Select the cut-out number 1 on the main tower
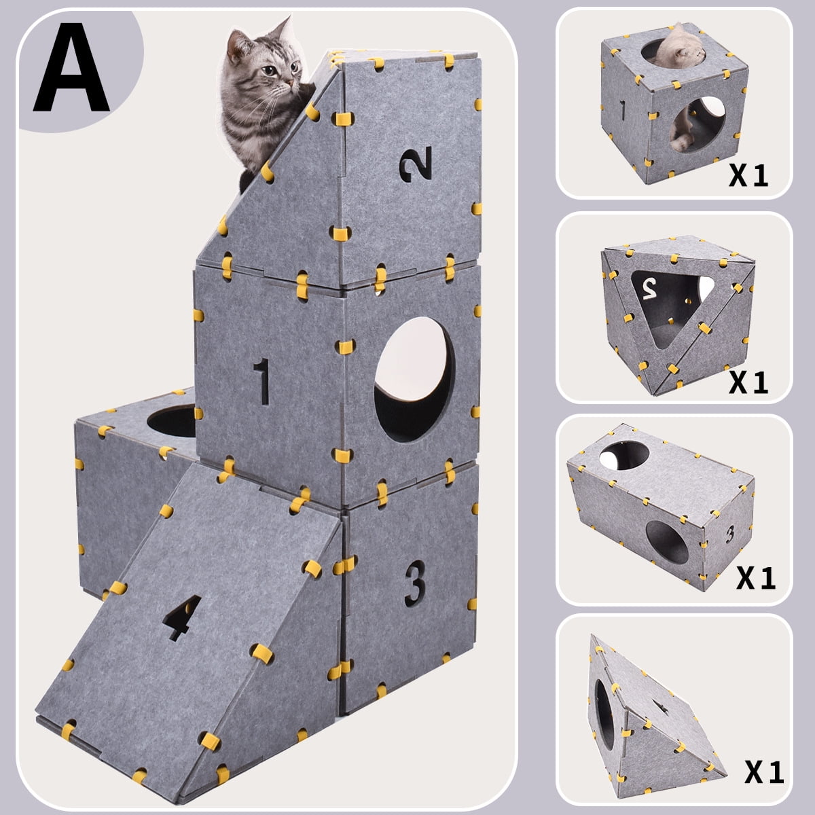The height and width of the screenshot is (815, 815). tap(262, 382)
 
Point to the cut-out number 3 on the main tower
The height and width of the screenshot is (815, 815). tap(415, 583)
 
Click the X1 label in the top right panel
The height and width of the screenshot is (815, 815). tap(748, 176)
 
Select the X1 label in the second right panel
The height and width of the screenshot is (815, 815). tap(748, 382)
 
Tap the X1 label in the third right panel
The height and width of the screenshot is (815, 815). tap(756, 578)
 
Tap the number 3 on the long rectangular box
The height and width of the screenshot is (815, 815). tap(730, 535)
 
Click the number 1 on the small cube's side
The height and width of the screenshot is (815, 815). tap(622, 109)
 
